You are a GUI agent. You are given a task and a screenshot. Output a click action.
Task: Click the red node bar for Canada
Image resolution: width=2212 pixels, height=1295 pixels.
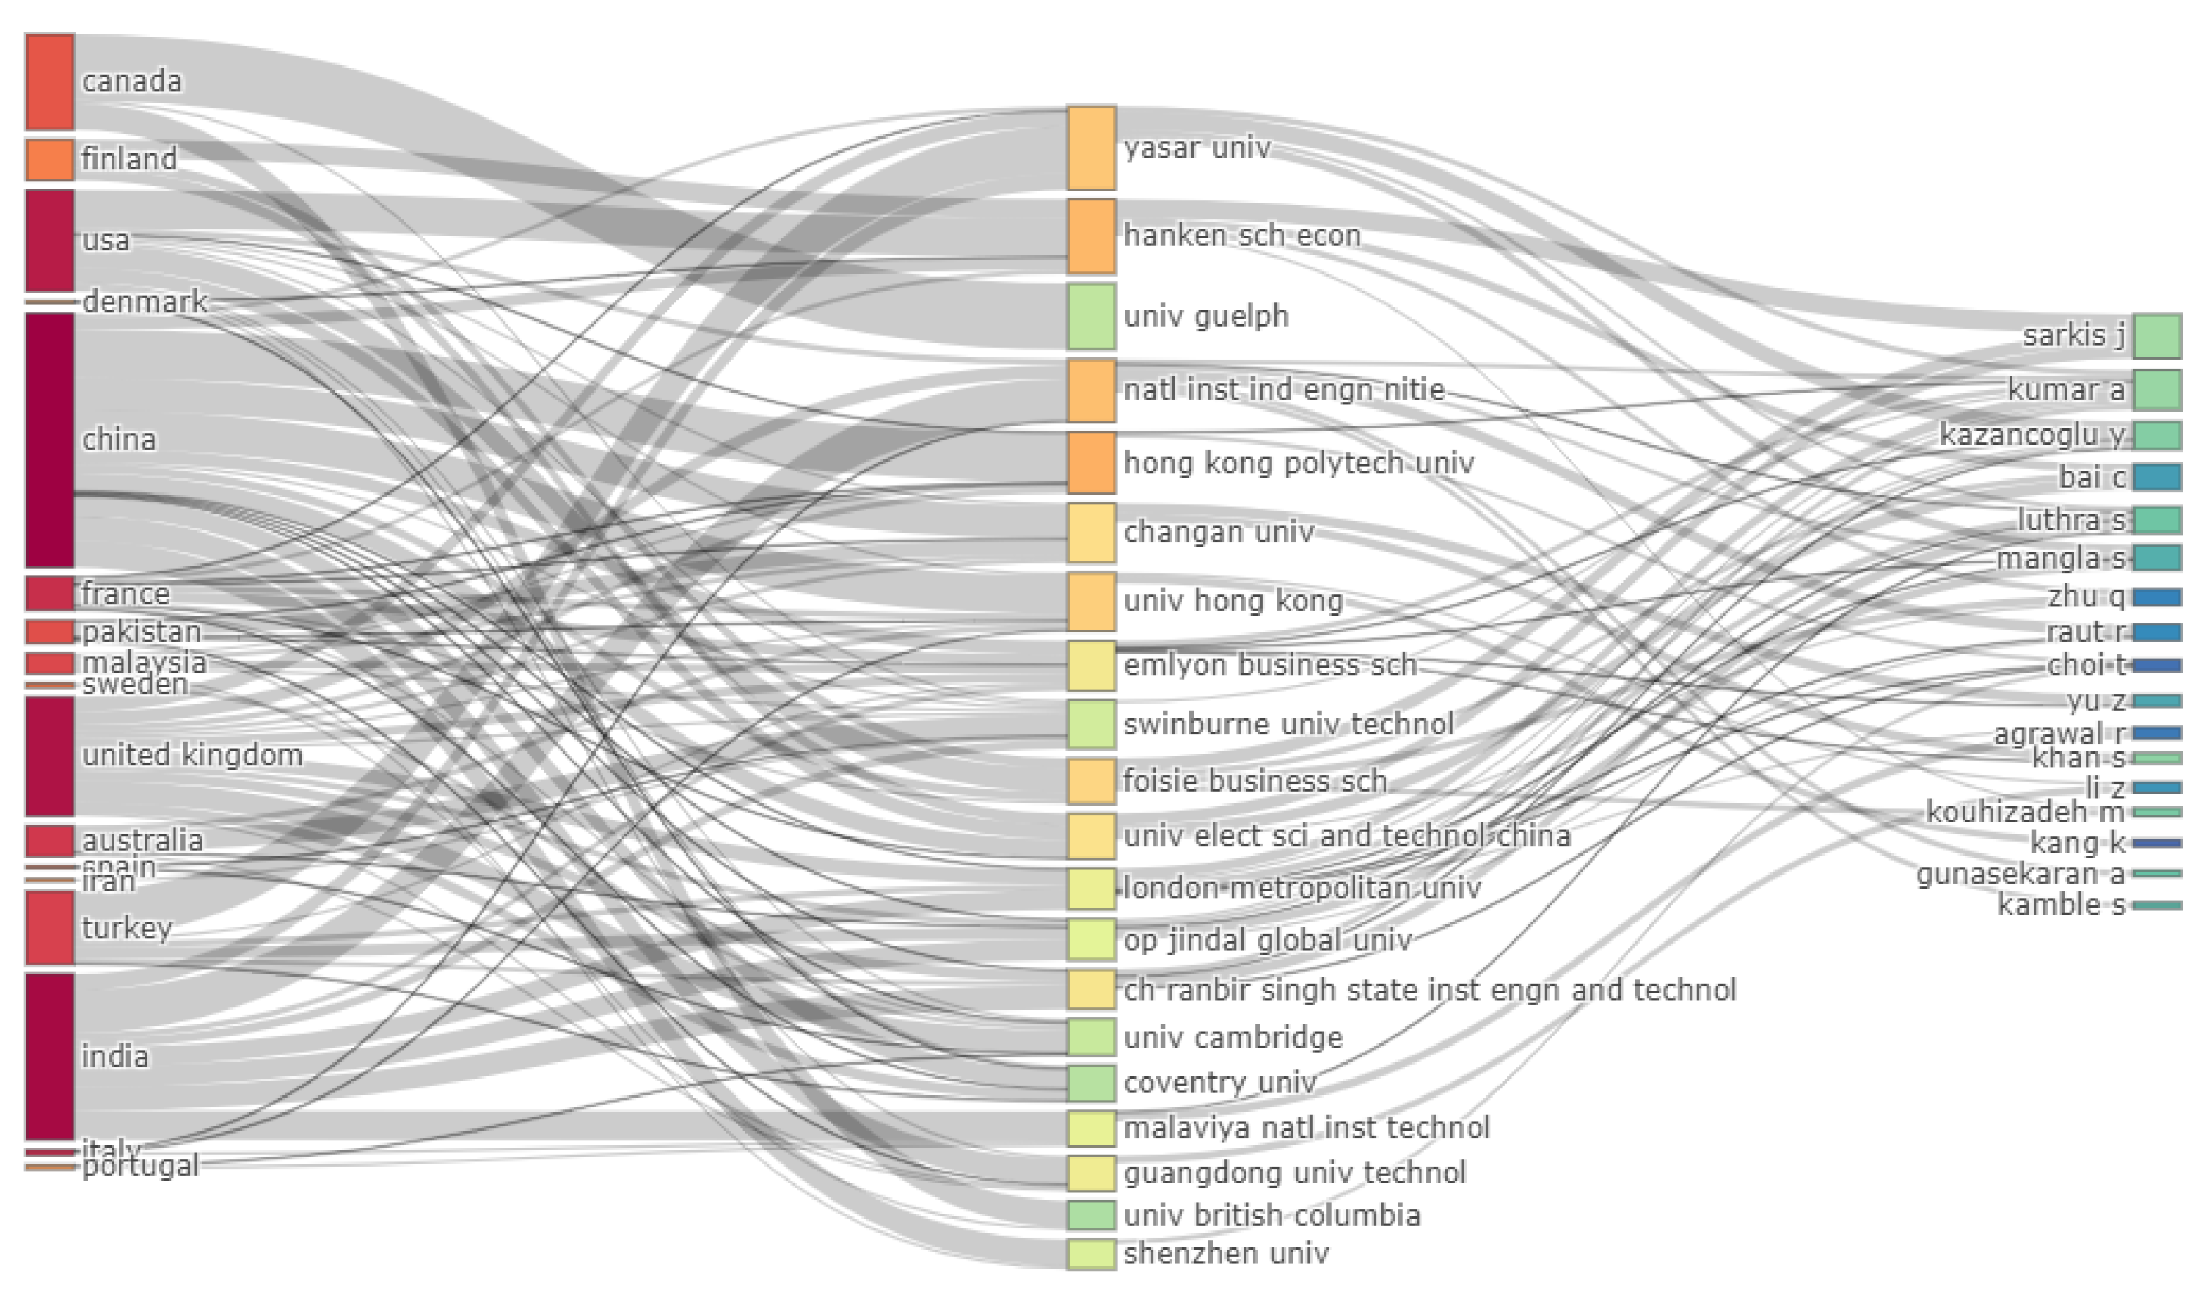click(50, 81)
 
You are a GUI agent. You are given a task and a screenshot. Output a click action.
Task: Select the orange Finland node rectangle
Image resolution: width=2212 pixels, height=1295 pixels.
click(50, 159)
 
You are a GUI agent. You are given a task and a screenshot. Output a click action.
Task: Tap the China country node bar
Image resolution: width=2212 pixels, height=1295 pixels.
click(50, 440)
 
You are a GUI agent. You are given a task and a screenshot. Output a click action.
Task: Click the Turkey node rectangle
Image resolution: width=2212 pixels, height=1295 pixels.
click(50, 928)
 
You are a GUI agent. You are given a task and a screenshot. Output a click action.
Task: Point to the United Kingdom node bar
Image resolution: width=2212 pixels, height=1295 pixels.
click(50, 756)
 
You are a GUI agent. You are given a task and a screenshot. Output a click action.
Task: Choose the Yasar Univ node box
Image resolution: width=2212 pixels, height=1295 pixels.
click(1092, 147)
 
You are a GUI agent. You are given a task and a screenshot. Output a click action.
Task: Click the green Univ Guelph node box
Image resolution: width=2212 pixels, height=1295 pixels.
click(1092, 316)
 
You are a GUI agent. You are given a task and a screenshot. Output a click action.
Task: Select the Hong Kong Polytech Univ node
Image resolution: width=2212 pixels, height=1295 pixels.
click(1092, 463)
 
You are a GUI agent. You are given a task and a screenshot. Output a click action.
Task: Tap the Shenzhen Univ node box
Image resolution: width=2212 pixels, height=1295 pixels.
click(1092, 1253)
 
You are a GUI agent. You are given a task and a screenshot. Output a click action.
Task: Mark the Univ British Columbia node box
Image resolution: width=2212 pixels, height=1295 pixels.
click(1092, 1215)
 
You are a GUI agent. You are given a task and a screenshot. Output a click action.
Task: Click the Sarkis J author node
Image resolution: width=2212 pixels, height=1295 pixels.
click(2158, 335)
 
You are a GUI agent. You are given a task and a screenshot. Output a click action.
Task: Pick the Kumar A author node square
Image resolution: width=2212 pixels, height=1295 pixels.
click(2158, 390)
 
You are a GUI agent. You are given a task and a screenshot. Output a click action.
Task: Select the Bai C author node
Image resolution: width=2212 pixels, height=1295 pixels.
click(2158, 477)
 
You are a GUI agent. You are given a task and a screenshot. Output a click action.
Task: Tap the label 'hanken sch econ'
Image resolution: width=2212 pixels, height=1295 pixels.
click(1242, 236)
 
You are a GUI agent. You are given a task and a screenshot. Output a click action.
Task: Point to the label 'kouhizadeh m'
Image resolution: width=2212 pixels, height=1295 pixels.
click(2025, 812)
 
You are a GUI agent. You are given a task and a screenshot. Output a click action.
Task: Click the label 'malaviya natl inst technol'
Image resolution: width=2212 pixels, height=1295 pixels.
click(1306, 1127)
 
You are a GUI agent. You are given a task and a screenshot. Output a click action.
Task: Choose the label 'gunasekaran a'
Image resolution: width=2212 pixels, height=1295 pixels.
click(2020, 875)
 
